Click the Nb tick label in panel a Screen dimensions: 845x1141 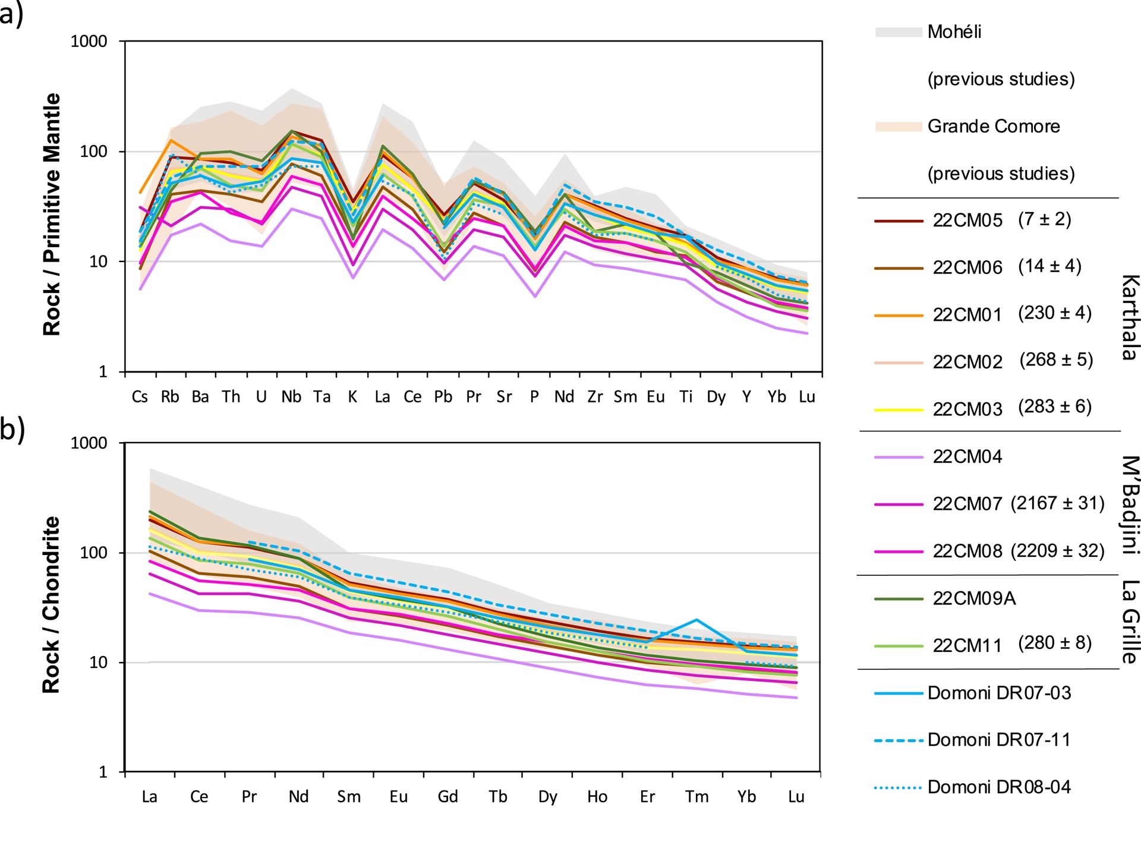291,397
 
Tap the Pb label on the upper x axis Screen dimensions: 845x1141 443,397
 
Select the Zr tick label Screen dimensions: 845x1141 595,397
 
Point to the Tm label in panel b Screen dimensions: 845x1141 696,797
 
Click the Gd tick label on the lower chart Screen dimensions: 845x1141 447,797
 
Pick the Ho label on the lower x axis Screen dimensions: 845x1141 597,797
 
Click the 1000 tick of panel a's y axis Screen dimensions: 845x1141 89,42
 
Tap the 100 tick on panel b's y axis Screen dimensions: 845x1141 93,553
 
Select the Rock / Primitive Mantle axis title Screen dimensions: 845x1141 52,214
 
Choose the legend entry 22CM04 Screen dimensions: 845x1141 967,457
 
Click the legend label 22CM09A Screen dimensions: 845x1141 974,598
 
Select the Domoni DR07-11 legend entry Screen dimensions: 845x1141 999,740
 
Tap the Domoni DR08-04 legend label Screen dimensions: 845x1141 999,787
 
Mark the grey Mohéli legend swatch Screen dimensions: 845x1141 897,32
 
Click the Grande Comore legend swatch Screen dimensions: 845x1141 897,127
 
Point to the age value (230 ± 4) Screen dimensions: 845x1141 1055,313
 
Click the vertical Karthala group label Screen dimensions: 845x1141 1130,317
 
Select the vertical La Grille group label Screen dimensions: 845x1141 1130,622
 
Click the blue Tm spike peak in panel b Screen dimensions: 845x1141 696,620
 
